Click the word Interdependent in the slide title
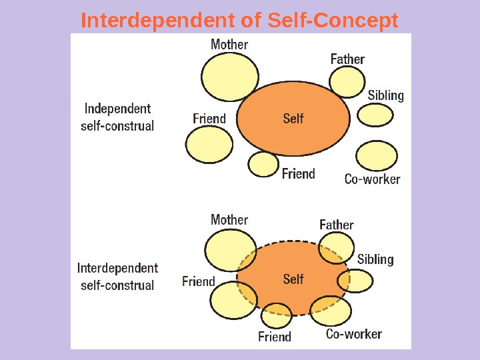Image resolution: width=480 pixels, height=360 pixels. point(156,21)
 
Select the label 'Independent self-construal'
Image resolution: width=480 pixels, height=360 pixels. point(117,117)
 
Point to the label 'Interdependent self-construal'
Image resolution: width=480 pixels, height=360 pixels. point(117,277)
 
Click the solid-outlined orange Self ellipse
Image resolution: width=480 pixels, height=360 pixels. point(293,119)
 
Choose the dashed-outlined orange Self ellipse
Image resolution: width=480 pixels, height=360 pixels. point(293,279)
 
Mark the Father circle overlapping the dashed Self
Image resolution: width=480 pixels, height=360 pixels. point(335,251)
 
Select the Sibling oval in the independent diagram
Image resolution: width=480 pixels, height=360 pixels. point(375,115)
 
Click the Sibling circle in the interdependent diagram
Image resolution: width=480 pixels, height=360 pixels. point(354,281)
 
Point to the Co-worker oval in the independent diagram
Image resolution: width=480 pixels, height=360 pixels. point(377,157)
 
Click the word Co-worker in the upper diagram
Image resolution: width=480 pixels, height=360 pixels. point(372,179)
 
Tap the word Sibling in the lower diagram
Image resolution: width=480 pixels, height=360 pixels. point(375,259)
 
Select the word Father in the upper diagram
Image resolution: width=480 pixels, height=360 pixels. point(347,59)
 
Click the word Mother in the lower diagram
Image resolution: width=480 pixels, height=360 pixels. point(229,219)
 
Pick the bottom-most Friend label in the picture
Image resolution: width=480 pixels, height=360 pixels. point(275,337)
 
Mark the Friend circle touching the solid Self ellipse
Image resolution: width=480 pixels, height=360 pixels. point(263,164)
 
